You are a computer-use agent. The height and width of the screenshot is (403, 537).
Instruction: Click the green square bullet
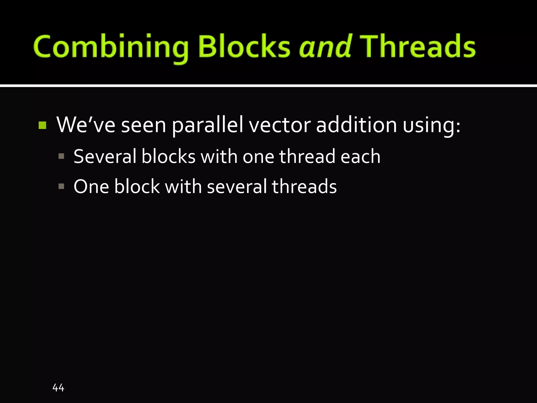pos(42,125)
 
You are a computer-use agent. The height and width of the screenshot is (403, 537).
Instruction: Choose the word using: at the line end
pos(432,125)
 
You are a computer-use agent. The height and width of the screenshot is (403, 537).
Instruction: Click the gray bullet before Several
pos(61,157)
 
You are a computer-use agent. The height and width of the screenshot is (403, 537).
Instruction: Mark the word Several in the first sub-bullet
pos(105,156)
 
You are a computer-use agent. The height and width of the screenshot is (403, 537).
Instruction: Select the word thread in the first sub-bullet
pos(307,156)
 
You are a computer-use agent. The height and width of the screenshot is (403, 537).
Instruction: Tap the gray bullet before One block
pos(61,187)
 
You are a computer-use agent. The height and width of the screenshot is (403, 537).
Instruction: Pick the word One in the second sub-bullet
pos(91,187)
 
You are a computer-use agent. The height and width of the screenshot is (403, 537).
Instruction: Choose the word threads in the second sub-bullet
pos(304,187)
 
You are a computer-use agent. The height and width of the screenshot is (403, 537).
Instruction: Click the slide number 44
pos(58,388)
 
